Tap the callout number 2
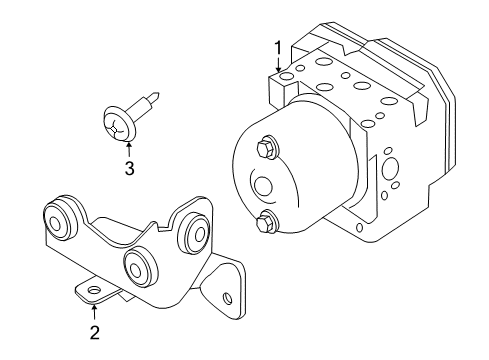pos(94,331)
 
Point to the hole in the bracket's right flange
pos(228,297)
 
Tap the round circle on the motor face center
pos(265,187)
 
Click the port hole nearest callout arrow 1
pos(288,76)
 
